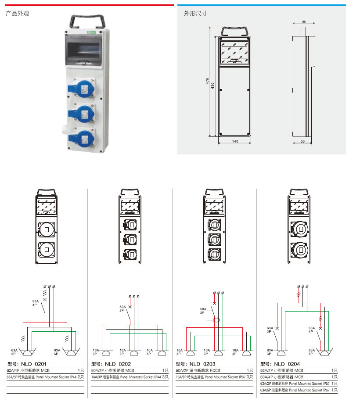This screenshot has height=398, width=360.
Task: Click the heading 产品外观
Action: pyautogui.click(x=17, y=14)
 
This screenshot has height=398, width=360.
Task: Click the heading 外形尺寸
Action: pyautogui.click(x=195, y=14)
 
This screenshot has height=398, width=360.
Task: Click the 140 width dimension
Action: pyautogui.click(x=235, y=141)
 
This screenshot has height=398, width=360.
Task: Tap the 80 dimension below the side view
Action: pyautogui.click(x=302, y=141)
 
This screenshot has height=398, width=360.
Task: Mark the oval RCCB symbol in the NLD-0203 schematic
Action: pyautogui.click(x=216, y=321)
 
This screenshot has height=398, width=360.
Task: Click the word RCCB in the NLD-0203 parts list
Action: pyautogui.click(x=215, y=371)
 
